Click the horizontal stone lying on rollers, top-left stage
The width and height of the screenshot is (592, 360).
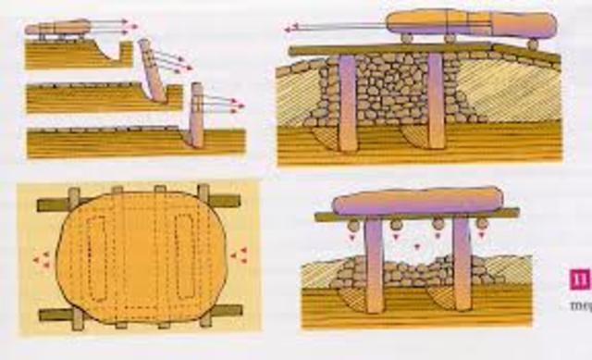point(57,28)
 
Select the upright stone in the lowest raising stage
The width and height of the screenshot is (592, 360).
point(196,115)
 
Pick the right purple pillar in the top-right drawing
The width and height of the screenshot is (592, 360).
point(436,100)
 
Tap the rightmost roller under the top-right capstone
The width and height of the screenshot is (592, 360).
point(533,43)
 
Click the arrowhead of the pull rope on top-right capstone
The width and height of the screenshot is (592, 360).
point(289,28)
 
